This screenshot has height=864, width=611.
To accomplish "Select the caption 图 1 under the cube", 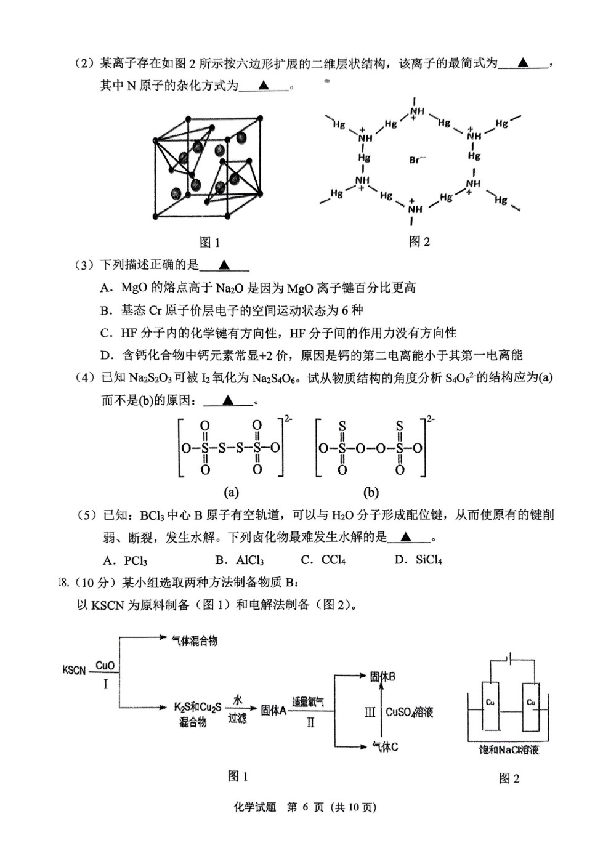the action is coord(209,243).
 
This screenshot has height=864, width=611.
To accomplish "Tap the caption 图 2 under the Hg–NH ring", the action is coord(419,242).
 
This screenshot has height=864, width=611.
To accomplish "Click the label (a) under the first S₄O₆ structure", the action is coord(231,492).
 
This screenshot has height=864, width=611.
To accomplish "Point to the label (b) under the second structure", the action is coord(371,492).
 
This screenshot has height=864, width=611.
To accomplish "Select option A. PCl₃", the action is coord(125,560).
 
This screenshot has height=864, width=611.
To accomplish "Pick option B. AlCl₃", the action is coord(240,560).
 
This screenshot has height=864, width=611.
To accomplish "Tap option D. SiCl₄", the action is coord(418,560).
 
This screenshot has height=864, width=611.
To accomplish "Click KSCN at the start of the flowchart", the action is coord(74,670).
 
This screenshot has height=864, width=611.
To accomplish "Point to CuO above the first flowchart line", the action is coord(105,665).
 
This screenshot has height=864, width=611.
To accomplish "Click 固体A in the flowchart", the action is coord(273,710).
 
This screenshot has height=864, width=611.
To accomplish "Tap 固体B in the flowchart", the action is coord(382,677).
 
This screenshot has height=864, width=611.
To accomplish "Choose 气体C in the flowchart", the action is coord(384,747).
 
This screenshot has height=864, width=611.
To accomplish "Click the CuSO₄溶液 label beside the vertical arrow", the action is coord(409,712).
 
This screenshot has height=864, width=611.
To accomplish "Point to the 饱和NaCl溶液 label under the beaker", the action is coord(509,749).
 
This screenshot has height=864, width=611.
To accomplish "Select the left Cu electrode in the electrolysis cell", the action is coord(490,706).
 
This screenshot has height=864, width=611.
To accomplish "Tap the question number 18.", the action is coord(63,583).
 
